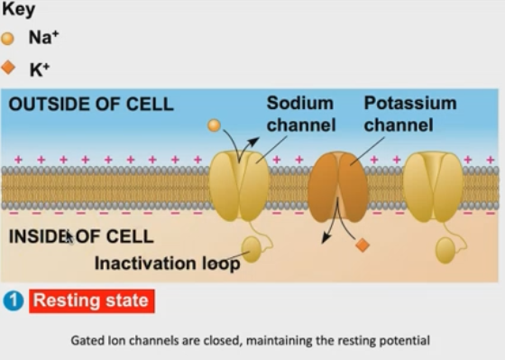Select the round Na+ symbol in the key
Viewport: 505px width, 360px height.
point(8,39)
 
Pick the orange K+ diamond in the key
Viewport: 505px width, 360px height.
point(8,67)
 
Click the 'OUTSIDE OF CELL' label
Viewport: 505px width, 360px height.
point(90,105)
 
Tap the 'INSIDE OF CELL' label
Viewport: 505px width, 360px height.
point(80,237)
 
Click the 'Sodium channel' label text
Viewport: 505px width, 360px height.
point(300,114)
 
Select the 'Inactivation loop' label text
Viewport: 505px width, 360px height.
point(167,263)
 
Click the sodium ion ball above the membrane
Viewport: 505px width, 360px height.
point(214,125)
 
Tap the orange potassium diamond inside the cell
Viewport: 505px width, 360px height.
point(362,245)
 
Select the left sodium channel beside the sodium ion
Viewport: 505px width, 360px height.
point(239,186)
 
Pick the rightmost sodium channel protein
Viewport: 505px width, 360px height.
point(433,186)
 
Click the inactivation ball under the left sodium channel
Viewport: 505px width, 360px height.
point(252,250)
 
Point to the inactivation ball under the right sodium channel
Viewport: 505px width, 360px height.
point(445,250)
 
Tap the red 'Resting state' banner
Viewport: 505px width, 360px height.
point(92,301)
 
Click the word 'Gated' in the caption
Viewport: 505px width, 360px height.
point(87,341)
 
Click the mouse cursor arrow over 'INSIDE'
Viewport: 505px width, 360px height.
point(69,237)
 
